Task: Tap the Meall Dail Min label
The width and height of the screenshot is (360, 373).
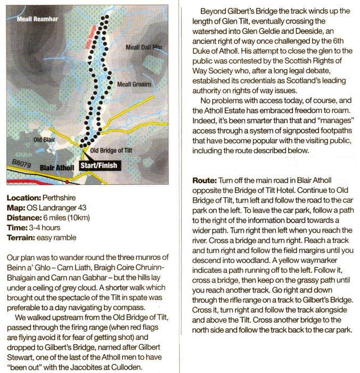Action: [x=143, y=47]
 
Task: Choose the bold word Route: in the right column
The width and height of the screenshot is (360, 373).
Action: [x=204, y=180]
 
